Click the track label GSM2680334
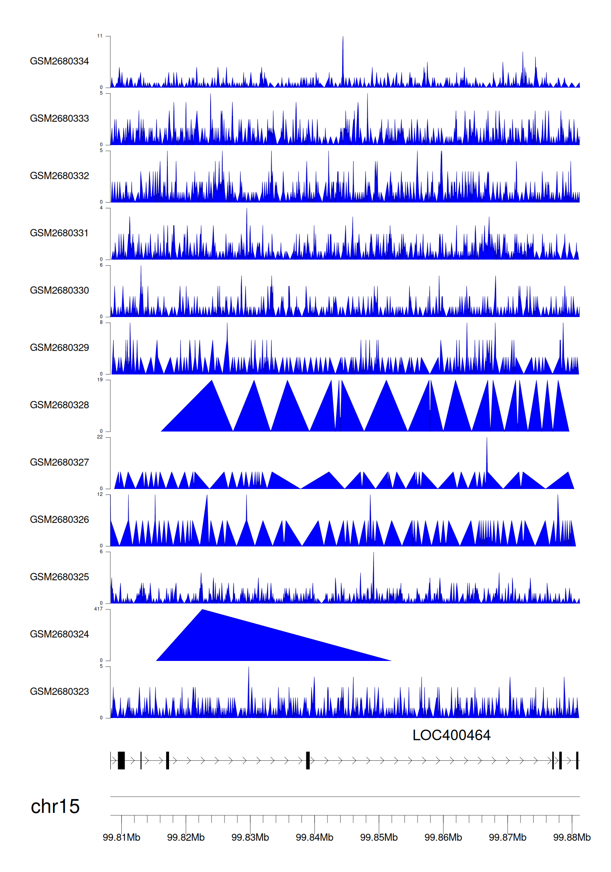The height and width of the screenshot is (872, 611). (59, 61)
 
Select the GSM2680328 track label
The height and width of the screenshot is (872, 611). (59, 405)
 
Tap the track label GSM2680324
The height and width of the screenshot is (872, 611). (59, 634)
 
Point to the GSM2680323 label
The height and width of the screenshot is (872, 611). (59, 691)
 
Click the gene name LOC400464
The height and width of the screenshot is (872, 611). (451, 735)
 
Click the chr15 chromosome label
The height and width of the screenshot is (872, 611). (55, 807)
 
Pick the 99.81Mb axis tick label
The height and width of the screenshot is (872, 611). (121, 837)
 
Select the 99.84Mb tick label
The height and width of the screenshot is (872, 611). (314, 837)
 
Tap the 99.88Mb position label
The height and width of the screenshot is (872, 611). (571, 837)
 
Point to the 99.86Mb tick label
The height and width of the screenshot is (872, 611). (443, 837)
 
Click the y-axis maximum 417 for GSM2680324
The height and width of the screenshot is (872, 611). (98, 609)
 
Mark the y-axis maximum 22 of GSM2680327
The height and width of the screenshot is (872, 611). (100, 437)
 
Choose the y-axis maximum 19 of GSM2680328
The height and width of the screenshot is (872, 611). (100, 380)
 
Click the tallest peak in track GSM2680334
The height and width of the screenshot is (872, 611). (343, 37)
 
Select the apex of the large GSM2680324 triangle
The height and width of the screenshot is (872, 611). (202, 610)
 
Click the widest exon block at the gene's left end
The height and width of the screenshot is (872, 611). (121, 760)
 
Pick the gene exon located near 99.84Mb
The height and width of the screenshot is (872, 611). (308, 760)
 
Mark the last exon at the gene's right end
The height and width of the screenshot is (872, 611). (577, 760)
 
